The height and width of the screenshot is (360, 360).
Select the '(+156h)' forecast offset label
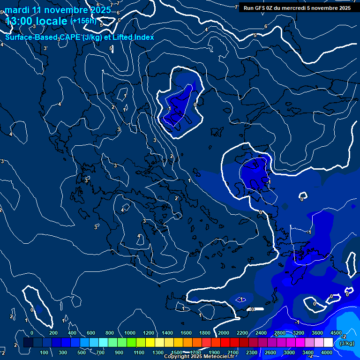pos(83,21)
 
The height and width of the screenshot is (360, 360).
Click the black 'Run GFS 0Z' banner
pos(297,8)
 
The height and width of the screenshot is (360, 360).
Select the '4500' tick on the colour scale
pos(336,333)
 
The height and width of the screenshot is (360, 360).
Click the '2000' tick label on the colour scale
pos(223,333)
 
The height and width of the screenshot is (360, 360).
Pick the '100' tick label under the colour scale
pos(45,352)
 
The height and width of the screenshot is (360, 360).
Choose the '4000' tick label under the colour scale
pos(327,352)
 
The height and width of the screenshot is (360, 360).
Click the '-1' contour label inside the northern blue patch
pos(169,109)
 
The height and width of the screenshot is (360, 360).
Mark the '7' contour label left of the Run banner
pos(236,7)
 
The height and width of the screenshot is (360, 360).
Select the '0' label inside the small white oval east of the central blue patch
pos(302,199)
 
